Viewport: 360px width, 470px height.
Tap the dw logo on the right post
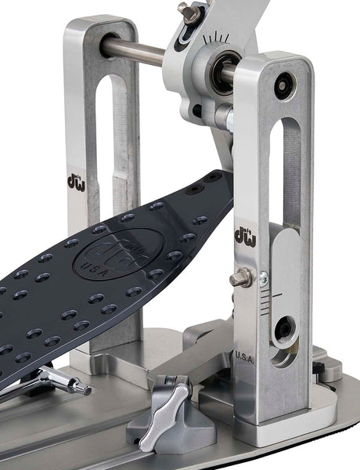pyautogui.click(x=244, y=235)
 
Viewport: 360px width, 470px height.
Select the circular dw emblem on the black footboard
pyautogui.click(x=111, y=255)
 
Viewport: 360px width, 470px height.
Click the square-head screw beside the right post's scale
pyautogui.click(x=237, y=278)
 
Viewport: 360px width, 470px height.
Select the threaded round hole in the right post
pyautogui.click(x=284, y=329)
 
